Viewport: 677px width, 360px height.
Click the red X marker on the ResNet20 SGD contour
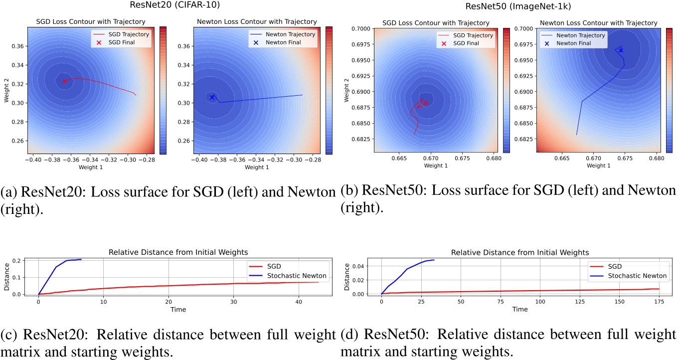pos(64,81)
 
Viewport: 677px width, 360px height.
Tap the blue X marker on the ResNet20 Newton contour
pos(212,97)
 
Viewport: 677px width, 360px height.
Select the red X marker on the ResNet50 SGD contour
pos(426,103)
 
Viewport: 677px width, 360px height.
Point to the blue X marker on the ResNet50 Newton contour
pos(621,50)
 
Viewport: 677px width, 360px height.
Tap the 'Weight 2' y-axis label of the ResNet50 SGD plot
pos(346,90)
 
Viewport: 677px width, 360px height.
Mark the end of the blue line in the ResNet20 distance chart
pos(81,259)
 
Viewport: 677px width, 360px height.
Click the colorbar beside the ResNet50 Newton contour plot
pos(670,90)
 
